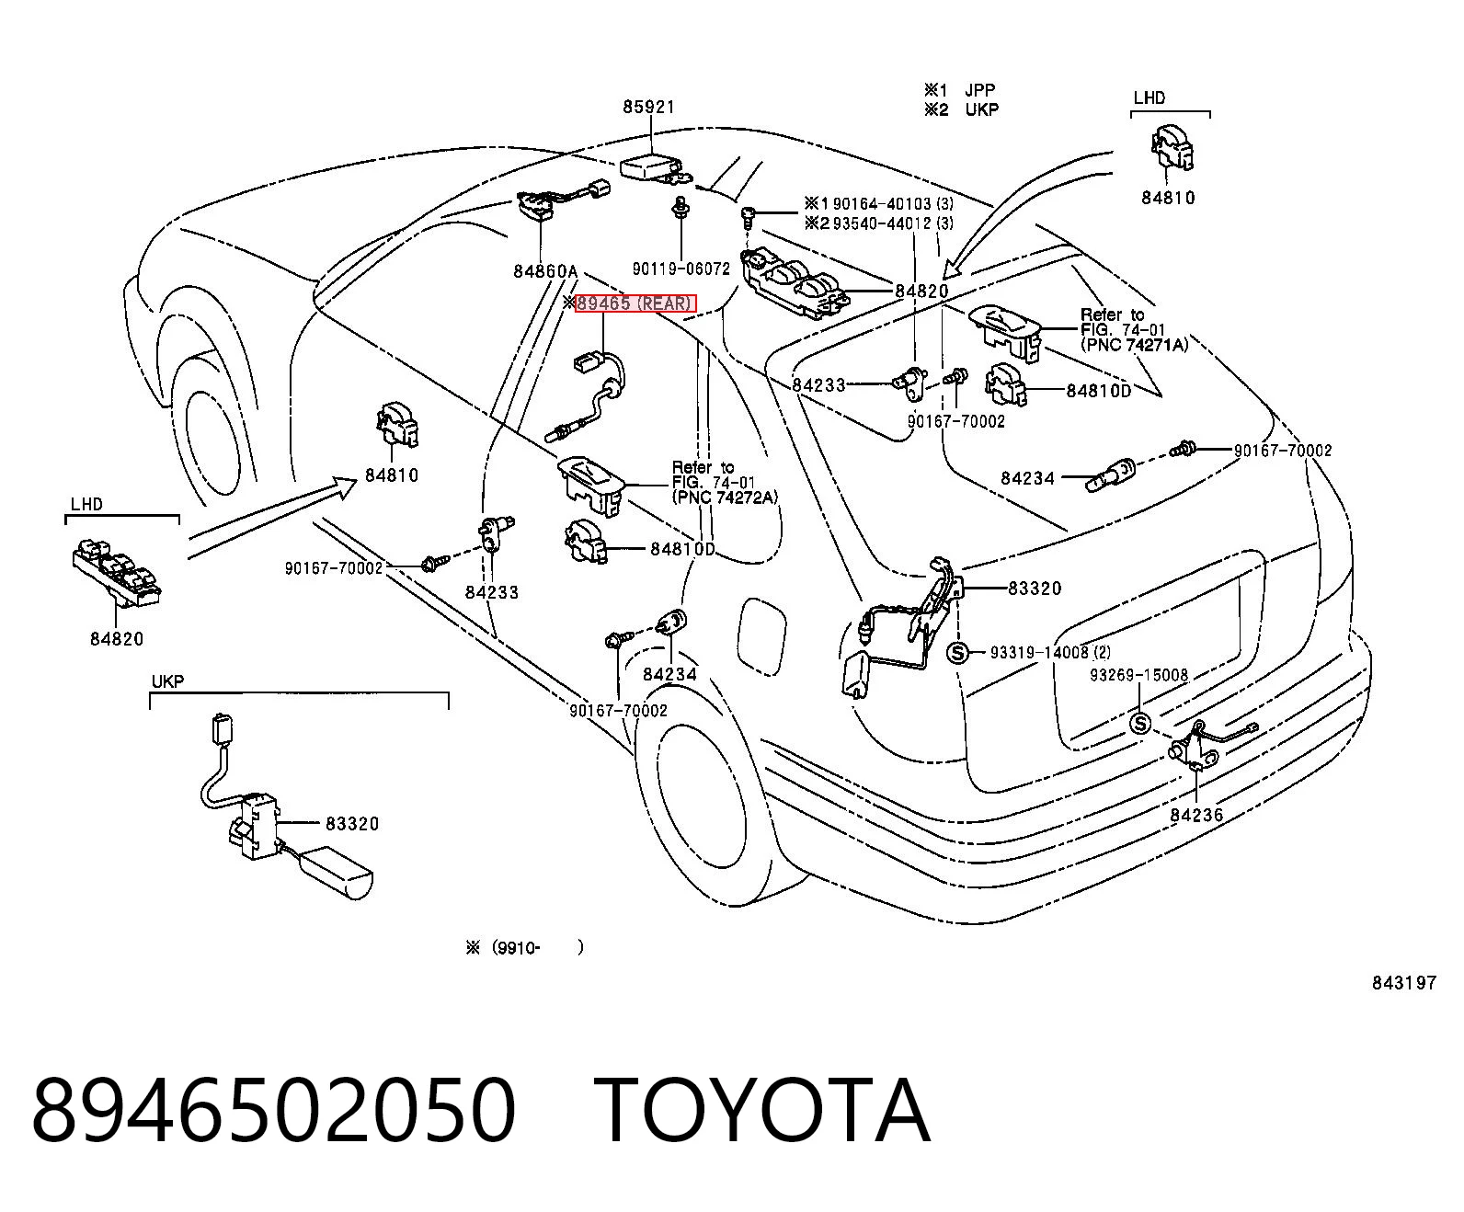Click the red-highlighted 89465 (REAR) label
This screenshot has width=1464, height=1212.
(x=635, y=303)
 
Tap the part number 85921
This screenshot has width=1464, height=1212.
(x=648, y=107)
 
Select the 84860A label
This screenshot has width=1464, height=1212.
(x=544, y=270)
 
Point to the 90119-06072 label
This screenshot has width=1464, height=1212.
(x=681, y=269)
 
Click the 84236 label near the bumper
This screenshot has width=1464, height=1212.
(x=1196, y=815)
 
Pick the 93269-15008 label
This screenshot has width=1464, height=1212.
(x=1138, y=675)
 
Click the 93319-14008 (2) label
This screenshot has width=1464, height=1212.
(x=1050, y=652)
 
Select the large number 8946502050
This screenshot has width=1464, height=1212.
(x=273, y=1111)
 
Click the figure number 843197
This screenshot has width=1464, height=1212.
(x=1404, y=983)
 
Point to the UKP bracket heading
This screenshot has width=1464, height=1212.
(x=167, y=681)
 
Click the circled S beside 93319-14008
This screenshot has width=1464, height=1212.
(x=957, y=653)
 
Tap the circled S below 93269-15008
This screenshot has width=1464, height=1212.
(x=1140, y=723)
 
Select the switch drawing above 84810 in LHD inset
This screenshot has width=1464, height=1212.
(x=1172, y=148)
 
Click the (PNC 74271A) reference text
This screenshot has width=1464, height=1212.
(x=1135, y=345)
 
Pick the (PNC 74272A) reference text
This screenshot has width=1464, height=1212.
(x=725, y=497)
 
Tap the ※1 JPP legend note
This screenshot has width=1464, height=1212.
(x=959, y=90)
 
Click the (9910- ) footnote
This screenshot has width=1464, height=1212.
(x=524, y=948)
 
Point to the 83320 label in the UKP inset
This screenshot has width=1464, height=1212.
(x=352, y=823)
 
